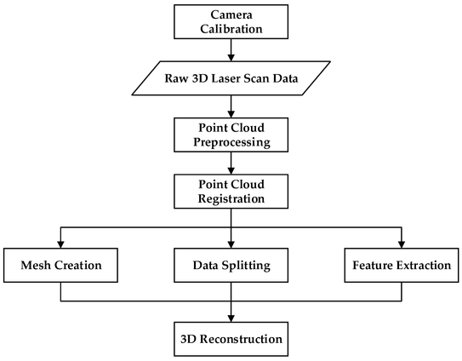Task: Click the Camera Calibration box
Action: point(231,21)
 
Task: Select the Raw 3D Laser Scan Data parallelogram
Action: point(231,78)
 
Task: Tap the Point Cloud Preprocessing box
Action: point(231,135)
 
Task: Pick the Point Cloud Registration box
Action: point(231,192)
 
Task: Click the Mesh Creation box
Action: point(60,265)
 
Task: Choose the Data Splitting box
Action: point(231,265)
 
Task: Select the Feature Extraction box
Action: point(402,265)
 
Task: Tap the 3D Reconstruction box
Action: point(231,339)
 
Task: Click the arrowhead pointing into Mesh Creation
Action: point(60,245)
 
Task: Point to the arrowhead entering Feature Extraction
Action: point(402,245)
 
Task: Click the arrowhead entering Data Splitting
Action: point(231,245)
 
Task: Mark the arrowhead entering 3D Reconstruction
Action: point(231,318)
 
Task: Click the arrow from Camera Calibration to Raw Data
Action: point(231,50)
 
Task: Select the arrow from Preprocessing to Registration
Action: point(231,163)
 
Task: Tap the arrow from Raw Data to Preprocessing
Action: point(231,106)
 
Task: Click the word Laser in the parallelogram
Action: point(229,78)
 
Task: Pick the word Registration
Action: point(231,198)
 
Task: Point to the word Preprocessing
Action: point(231,142)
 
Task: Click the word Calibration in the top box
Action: point(231,29)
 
